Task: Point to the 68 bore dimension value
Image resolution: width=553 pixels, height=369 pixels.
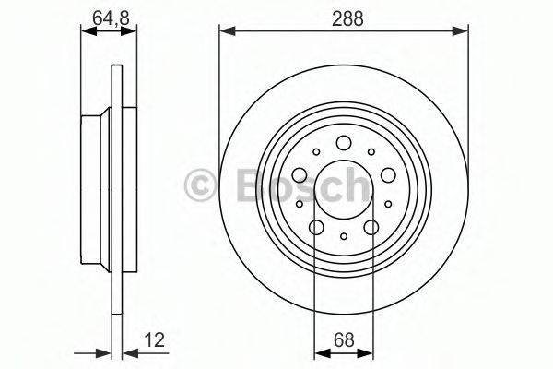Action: (x=344, y=340)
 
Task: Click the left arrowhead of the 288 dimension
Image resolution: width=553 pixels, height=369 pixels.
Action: (x=224, y=30)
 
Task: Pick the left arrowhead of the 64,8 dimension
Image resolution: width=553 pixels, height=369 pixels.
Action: (x=87, y=30)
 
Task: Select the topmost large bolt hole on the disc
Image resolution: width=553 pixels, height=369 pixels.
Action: (x=344, y=141)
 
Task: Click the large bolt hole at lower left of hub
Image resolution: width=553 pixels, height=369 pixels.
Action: (x=316, y=228)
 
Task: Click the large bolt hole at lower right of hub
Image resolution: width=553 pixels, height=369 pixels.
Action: (x=371, y=228)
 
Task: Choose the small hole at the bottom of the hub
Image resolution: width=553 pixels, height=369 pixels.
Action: (x=344, y=237)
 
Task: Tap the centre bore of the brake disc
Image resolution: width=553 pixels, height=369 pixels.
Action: (x=344, y=189)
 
